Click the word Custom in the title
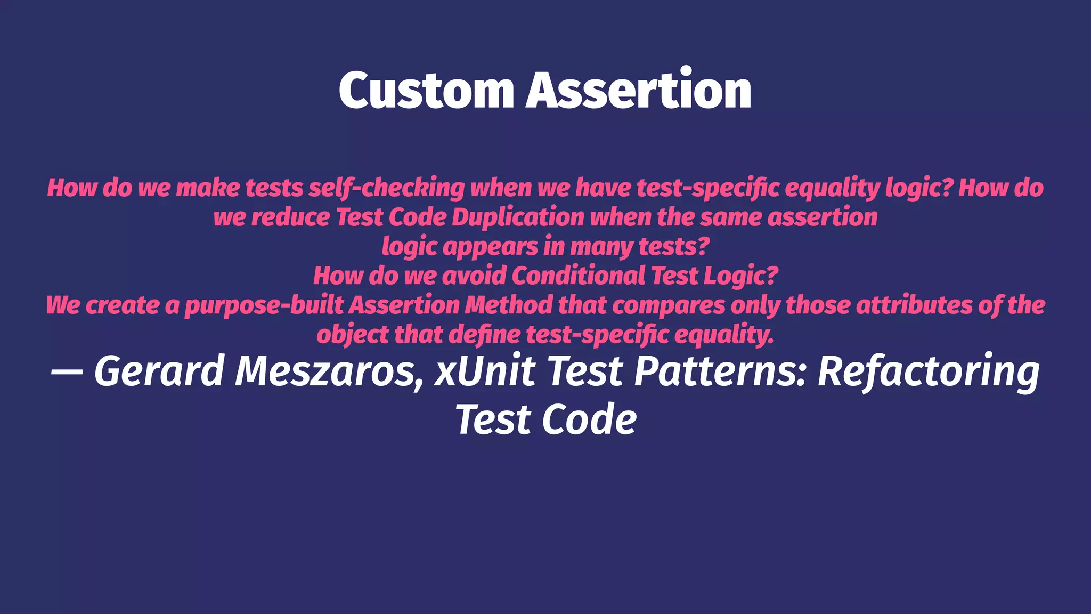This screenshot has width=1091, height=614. coord(426,91)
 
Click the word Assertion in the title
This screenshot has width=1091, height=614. coord(639,91)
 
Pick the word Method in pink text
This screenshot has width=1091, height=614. coord(509,305)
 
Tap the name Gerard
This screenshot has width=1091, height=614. coord(159,371)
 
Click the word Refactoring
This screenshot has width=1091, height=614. coord(928,371)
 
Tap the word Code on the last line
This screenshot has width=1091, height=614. coord(589,420)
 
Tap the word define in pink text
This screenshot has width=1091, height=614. coord(484,335)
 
